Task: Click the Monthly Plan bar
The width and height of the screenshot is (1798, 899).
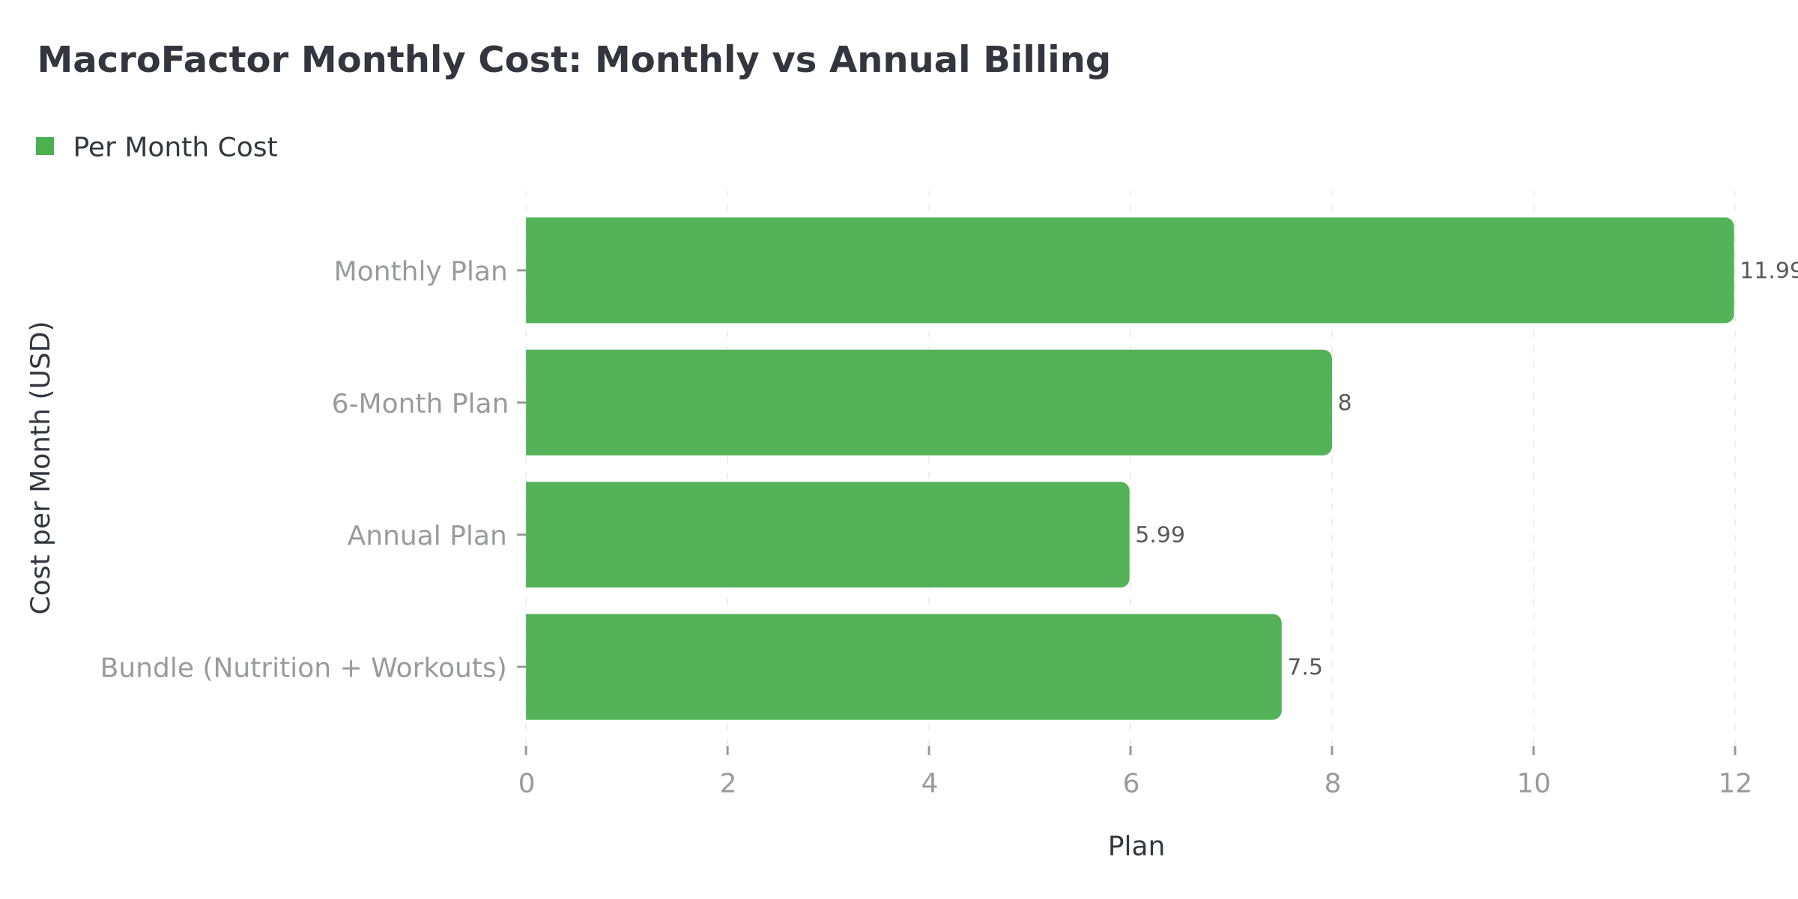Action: (1130, 270)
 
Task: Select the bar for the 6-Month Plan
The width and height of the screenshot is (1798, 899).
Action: (929, 402)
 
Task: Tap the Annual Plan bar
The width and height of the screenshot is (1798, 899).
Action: (827, 535)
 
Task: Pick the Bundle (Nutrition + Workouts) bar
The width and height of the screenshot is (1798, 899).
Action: (903, 667)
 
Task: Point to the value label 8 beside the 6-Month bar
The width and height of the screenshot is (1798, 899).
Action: (1345, 403)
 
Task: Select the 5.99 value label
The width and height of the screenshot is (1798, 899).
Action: (1160, 535)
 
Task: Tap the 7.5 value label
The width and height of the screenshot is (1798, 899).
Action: (1305, 667)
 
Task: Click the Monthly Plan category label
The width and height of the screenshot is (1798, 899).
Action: (420, 271)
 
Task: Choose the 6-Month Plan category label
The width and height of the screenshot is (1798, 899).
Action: (420, 404)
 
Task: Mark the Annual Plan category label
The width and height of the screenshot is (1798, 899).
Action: (427, 536)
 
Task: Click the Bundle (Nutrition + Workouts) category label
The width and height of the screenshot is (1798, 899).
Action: (303, 668)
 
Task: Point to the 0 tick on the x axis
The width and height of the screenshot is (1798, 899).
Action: (527, 784)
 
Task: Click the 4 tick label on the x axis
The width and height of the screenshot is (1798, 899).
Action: (929, 784)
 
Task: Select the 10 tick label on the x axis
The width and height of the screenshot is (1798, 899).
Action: (1534, 784)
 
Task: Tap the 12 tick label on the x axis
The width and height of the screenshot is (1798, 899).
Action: (1735, 784)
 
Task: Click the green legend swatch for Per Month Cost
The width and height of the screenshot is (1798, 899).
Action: (45, 147)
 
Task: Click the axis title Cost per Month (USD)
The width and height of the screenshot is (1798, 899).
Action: (40, 467)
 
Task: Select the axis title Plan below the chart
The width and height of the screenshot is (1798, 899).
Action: (1136, 847)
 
